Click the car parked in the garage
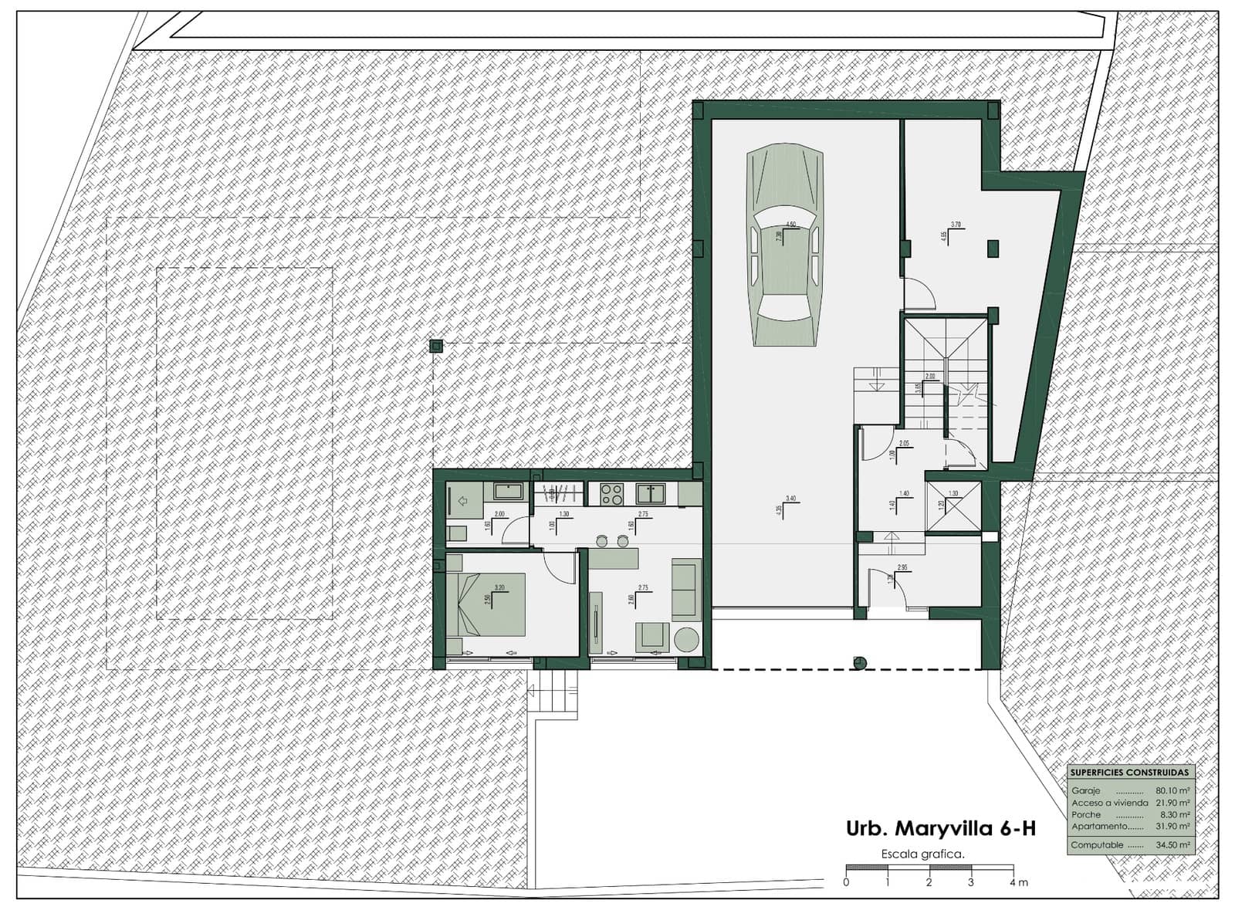point(784,247)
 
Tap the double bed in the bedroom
point(486,604)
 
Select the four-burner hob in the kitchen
point(611,494)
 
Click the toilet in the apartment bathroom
point(455,533)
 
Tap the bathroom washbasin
point(508,492)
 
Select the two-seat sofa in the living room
point(685,590)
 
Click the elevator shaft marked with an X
point(952,507)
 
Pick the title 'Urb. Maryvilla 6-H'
point(940,829)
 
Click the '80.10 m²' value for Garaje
point(1172,791)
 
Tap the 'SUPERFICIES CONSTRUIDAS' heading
point(1129,773)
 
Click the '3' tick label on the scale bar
point(970,882)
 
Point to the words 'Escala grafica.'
point(922,854)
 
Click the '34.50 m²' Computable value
point(1172,845)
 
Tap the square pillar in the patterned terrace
point(436,347)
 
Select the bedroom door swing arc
point(562,570)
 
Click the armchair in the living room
point(652,637)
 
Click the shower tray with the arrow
point(465,502)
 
